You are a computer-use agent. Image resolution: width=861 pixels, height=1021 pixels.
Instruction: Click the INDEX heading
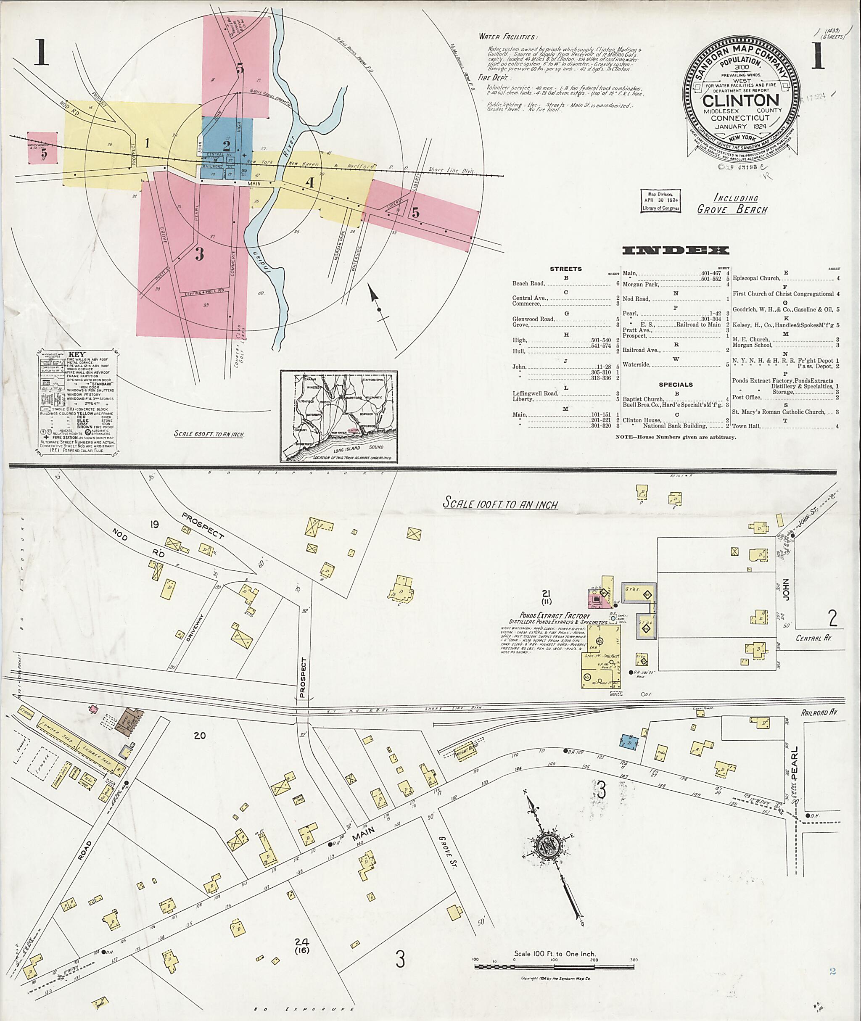coord(676,251)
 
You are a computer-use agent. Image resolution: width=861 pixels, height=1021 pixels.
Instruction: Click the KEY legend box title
coord(76,355)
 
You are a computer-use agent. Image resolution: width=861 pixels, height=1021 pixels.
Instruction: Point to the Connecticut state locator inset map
coord(339,416)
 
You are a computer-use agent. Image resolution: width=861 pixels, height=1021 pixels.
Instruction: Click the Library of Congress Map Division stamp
coord(660,201)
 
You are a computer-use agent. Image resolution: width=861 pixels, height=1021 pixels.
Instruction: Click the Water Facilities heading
coord(507,37)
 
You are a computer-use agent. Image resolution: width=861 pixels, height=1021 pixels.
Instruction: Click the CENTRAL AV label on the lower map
coord(813,638)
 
